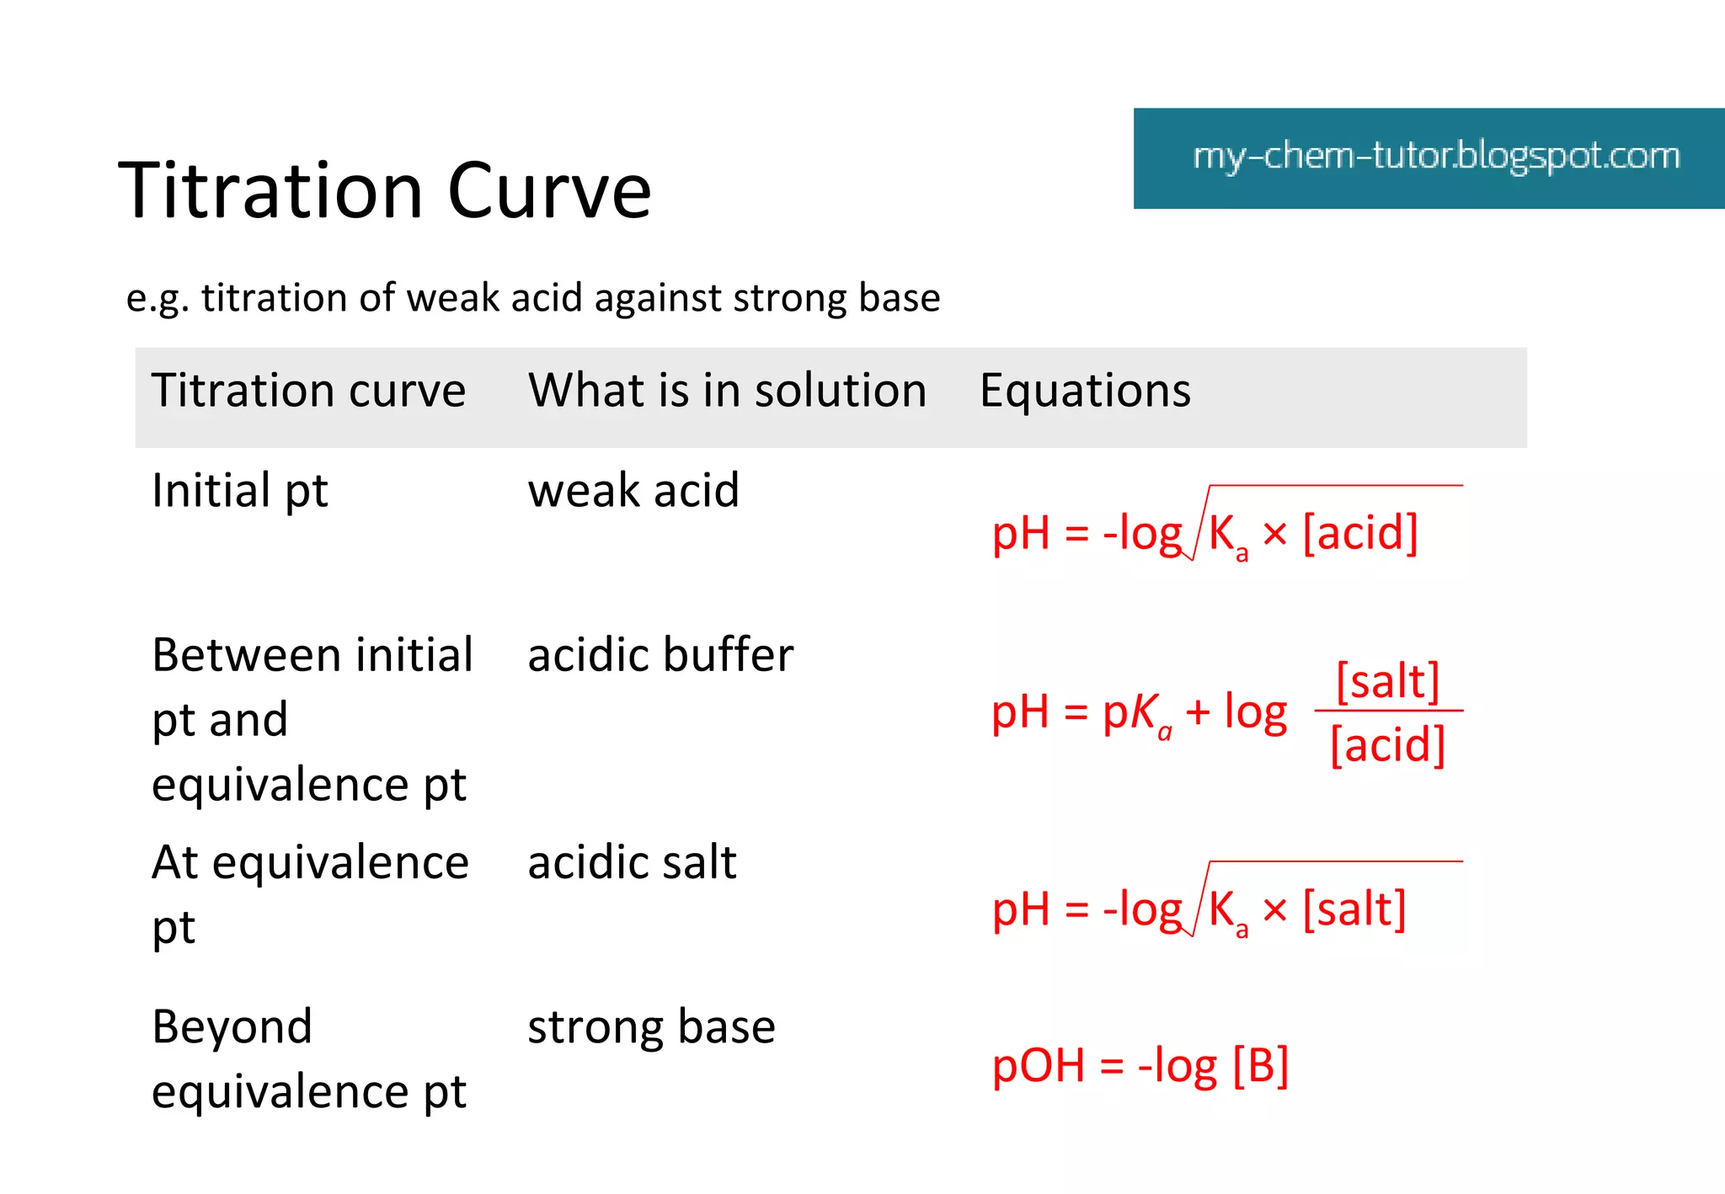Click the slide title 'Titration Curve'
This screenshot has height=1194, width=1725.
[x=385, y=191]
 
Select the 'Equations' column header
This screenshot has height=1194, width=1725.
[x=1085, y=392]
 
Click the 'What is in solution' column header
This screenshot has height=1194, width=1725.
[x=727, y=392]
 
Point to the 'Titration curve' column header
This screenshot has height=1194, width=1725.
[x=308, y=392]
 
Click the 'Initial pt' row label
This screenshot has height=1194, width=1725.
[x=239, y=491]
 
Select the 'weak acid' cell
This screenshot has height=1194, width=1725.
[x=633, y=491]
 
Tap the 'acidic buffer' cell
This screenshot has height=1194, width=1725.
[x=660, y=655]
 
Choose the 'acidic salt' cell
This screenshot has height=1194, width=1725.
[x=632, y=863]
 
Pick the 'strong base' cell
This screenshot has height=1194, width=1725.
[x=651, y=1027]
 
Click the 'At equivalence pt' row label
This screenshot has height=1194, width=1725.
[x=310, y=894]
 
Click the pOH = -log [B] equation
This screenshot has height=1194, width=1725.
[x=1140, y=1066]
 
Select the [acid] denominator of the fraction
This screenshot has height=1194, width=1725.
[x=1388, y=745]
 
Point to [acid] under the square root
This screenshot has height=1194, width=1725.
[x=1360, y=533]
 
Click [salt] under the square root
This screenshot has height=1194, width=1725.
[x=1354, y=909]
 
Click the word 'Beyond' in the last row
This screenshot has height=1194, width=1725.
[x=232, y=1027]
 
